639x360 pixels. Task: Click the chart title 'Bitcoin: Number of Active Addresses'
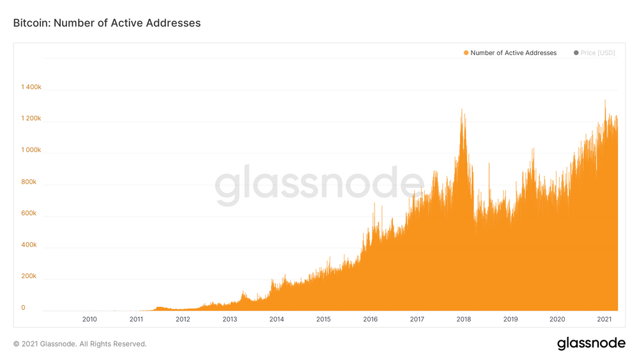click(x=107, y=23)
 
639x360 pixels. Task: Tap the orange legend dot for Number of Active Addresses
click(x=466, y=53)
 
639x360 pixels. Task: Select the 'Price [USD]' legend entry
click(x=597, y=53)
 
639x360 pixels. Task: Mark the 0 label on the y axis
click(x=23, y=308)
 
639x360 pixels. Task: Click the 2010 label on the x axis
click(x=89, y=319)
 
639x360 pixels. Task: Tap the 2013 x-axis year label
click(x=230, y=319)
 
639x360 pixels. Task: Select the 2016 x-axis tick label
click(x=370, y=319)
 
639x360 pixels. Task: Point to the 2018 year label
click(x=464, y=319)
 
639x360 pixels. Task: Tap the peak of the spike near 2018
click(x=461, y=110)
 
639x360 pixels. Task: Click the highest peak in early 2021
click(x=604, y=100)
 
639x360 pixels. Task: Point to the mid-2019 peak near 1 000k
click(x=533, y=148)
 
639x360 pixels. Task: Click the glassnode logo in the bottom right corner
click(x=591, y=343)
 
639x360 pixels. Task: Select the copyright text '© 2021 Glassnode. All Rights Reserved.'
click(x=80, y=344)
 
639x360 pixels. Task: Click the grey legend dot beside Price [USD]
click(x=576, y=53)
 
